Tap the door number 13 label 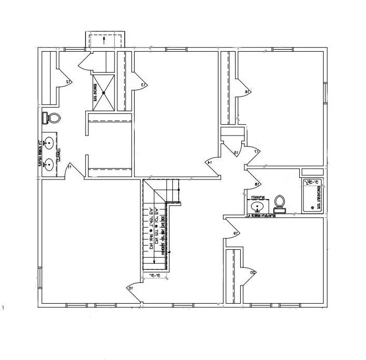point(144,84)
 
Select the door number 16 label point(248,92)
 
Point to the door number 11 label point(69,167)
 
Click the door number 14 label point(210,163)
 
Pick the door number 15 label point(236,153)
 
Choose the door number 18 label point(256,185)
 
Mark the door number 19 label point(236,234)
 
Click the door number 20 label point(253,273)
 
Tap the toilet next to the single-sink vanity point(280,203)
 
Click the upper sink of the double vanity point(49,142)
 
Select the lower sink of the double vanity point(49,165)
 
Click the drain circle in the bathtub point(311,207)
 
